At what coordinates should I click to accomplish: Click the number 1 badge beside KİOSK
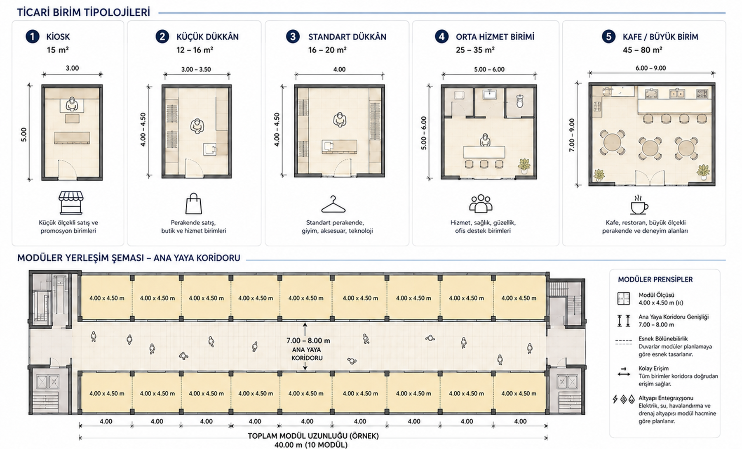(x=33, y=37)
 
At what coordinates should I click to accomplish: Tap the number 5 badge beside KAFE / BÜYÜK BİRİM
(x=608, y=37)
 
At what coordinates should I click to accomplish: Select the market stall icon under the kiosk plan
(x=71, y=202)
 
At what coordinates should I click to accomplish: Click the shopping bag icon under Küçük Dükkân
(x=194, y=203)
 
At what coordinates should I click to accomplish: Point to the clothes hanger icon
(x=333, y=204)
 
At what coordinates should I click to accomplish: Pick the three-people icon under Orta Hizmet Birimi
(x=481, y=203)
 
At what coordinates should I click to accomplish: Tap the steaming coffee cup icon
(x=639, y=204)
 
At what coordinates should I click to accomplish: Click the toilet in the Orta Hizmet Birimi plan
(x=520, y=100)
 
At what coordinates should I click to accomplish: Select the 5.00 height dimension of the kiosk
(x=24, y=135)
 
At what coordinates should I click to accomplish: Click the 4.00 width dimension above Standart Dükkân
(x=339, y=69)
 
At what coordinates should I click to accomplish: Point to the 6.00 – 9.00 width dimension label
(x=651, y=68)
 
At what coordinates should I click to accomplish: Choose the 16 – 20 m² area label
(x=327, y=50)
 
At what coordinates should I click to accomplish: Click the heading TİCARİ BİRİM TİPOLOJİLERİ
(x=83, y=12)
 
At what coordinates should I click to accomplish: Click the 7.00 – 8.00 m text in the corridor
(x=308, y=340)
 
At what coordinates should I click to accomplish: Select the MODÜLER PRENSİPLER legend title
(x=655, y=279)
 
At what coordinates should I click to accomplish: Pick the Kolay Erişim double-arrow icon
(x=624, y=372)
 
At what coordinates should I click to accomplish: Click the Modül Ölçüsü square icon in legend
(x=624, y=298)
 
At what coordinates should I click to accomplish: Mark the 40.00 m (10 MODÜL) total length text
(x=311, y=445)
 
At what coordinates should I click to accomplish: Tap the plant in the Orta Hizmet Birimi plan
(x=524, y=166)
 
